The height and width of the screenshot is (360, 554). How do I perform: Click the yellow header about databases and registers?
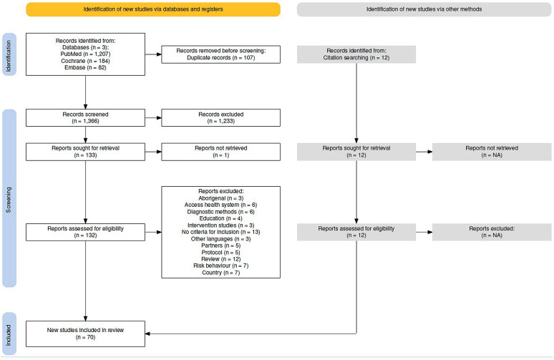pos(153,9)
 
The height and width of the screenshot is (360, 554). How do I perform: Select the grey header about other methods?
pos(424,9)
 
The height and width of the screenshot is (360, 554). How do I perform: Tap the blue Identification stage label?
pos(9,54)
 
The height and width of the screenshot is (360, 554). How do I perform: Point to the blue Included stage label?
pos(9,334)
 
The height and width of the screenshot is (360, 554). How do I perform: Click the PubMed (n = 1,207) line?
pos(85,54)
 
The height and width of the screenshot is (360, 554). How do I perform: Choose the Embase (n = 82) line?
pos(85,67)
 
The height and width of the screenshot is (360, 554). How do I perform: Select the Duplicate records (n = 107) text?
pos(221,57)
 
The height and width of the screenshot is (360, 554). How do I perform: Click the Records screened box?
pos(85,117)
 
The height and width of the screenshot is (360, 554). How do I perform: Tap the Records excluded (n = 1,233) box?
pos(221,117)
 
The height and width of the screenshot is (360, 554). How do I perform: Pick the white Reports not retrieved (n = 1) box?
pos(221,152)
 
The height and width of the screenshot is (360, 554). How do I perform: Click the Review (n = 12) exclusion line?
pos(221,259)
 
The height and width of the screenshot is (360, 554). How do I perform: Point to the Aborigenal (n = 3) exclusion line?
pos(221,198)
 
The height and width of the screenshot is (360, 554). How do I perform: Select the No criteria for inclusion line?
pos(221,232)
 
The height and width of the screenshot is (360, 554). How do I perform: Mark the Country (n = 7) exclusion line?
pos(221,273)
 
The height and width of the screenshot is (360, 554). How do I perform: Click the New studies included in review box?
pos(85,334)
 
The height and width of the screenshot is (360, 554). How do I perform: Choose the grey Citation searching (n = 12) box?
pos(356,54)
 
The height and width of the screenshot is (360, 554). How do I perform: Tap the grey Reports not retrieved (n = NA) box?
pos(492,152)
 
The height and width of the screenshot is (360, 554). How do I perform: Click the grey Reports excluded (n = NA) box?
pos(492,232)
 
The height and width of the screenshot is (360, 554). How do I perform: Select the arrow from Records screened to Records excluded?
pos(153,117)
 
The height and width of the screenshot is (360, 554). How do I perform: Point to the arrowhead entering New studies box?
pos(147,334)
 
